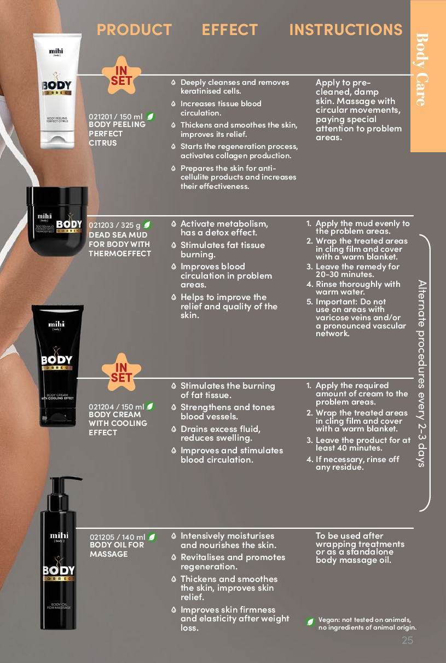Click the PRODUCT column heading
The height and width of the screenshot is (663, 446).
[134, 30]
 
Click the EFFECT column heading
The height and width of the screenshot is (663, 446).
[229, 30]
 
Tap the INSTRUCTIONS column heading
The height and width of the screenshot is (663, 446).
[346, 30]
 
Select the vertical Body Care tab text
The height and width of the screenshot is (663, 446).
[422, 70]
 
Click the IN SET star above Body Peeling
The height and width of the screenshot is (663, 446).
[121, 75]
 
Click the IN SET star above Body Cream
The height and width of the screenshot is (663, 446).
[121, 372]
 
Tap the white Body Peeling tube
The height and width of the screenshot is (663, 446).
[57, 91]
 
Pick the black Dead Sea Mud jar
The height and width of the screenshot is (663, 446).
[57, 221]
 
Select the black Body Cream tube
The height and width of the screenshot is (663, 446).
[57, 366]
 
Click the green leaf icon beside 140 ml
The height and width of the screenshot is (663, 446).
[152, 537]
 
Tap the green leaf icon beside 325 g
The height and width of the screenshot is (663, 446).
[147, 225]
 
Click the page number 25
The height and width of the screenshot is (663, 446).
[407, 640]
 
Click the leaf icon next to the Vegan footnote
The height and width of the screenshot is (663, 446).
[310, 622]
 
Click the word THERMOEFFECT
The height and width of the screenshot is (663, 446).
[120, 253]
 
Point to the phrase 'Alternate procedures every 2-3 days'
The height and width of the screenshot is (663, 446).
[422, 373]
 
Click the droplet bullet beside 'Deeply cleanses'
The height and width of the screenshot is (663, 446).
[173, 82]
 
